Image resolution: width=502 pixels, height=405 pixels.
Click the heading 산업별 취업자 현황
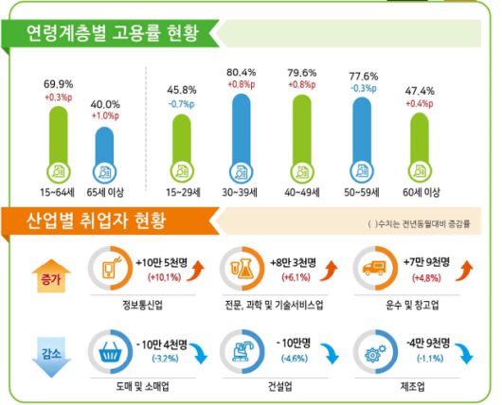coord(99,223)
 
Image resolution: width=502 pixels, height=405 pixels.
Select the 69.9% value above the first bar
coord(60,84)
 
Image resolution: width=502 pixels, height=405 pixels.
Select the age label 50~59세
coord(365,191)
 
